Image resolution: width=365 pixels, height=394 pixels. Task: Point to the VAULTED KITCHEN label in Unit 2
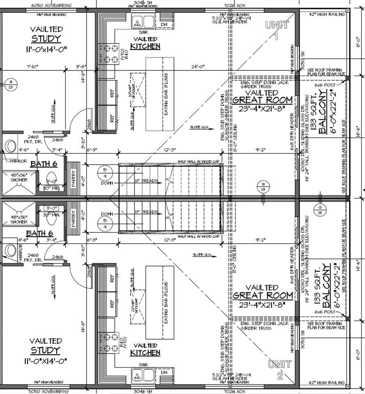[x=145, y=349]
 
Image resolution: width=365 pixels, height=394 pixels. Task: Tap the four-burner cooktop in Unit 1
[x=107, y=53]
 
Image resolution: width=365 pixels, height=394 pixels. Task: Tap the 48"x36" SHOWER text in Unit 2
[x=20, y=219]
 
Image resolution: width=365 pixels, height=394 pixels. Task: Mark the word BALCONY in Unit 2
[x=326, y=292]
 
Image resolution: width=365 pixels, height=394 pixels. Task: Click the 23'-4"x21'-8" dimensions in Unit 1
[x=262, y=109]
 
